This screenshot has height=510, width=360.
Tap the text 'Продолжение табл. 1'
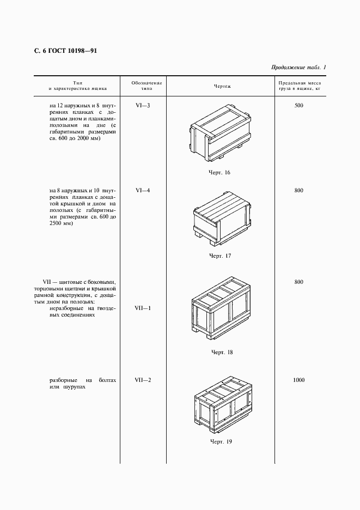click(298, 68)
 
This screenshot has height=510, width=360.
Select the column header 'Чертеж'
click(222, 86)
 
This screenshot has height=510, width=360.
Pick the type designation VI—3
click(143, 105)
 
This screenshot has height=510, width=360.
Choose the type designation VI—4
click(143, 190)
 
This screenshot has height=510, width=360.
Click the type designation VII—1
click(143, 308)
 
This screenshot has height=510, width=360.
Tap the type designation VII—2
click(143, 379)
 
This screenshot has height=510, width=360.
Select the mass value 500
click(298, 105)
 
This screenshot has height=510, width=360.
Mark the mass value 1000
click(298, 379)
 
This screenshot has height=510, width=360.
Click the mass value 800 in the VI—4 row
click(298, 190)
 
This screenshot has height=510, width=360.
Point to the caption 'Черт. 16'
click(221, 172)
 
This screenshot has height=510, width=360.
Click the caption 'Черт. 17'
click(221, 256)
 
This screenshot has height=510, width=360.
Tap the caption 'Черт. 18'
click(222, 352)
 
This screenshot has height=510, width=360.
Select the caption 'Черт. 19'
click(221, 441)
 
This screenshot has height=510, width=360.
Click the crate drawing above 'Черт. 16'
click(220, 133)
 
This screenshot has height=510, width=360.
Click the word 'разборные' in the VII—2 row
click(63, 380)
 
